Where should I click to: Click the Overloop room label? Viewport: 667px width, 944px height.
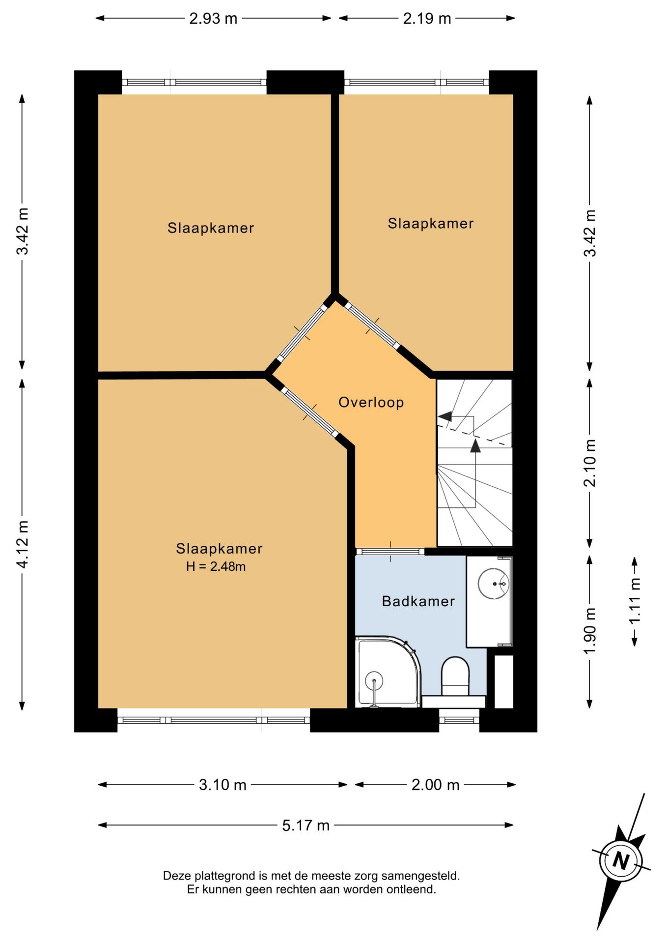[371, 402]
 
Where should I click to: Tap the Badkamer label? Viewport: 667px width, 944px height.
[418, 601]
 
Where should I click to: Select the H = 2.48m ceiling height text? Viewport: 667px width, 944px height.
[216, 566]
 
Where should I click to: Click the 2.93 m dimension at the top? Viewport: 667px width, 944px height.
[213, 19]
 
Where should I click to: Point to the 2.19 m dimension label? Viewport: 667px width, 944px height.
[427, 19]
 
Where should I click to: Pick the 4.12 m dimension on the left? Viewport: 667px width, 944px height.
[23, 544]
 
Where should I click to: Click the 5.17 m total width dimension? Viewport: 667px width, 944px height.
[306, 825]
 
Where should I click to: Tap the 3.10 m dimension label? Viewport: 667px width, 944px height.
[222, 785]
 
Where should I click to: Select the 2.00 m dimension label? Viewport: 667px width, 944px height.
[435, 785]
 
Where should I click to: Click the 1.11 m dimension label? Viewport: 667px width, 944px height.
[635, 600]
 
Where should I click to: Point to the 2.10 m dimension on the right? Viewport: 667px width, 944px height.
[590, 463]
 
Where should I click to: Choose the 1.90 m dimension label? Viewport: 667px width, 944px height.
[590, 630]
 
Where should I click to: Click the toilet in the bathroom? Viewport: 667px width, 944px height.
[455, 677]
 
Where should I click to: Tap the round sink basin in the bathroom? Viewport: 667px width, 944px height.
[493, 584]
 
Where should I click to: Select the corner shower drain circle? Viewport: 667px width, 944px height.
[374, 681]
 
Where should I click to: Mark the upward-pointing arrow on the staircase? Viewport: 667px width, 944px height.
[475, 445]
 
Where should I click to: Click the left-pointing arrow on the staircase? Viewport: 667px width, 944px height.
[445, 416]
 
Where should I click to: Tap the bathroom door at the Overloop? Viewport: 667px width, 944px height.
[390, 551]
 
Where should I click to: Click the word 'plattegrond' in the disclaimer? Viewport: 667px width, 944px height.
[225, 876]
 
